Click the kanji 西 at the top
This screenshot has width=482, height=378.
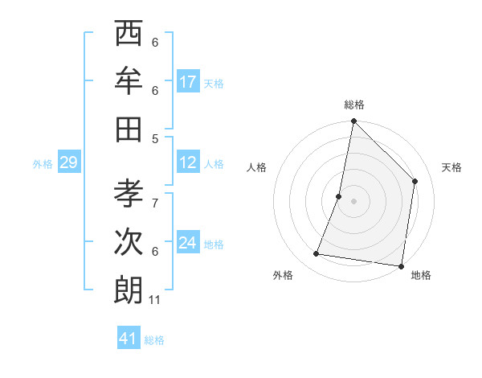click(x=129, y=36)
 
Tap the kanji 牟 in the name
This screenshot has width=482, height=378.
click(x=129, y=81)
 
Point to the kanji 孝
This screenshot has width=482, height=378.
click(x=129, y=195)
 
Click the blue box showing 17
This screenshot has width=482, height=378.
click(x=188, y=82)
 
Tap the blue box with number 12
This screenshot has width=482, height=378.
click(x=188, y=162)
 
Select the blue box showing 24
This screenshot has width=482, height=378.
click(x=188, y=243)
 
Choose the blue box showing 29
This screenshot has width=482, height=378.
click(x=68, y=163)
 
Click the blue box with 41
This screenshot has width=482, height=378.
click(x=129, y=339)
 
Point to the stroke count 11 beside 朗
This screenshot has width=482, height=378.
click(x=155, y=300)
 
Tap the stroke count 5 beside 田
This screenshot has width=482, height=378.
click(x=155, y=138)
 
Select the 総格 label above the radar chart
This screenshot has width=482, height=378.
click(x=354, y=105)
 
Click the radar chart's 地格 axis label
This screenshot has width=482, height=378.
click(x=421, y=275)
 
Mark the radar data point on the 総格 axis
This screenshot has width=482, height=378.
click(x=353, y=121)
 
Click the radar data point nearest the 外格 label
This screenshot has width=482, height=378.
click(x=317, y=254)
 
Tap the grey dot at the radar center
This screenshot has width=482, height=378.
click(x=353, y=200)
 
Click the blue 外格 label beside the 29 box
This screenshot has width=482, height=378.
click(x=43, y=164)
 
